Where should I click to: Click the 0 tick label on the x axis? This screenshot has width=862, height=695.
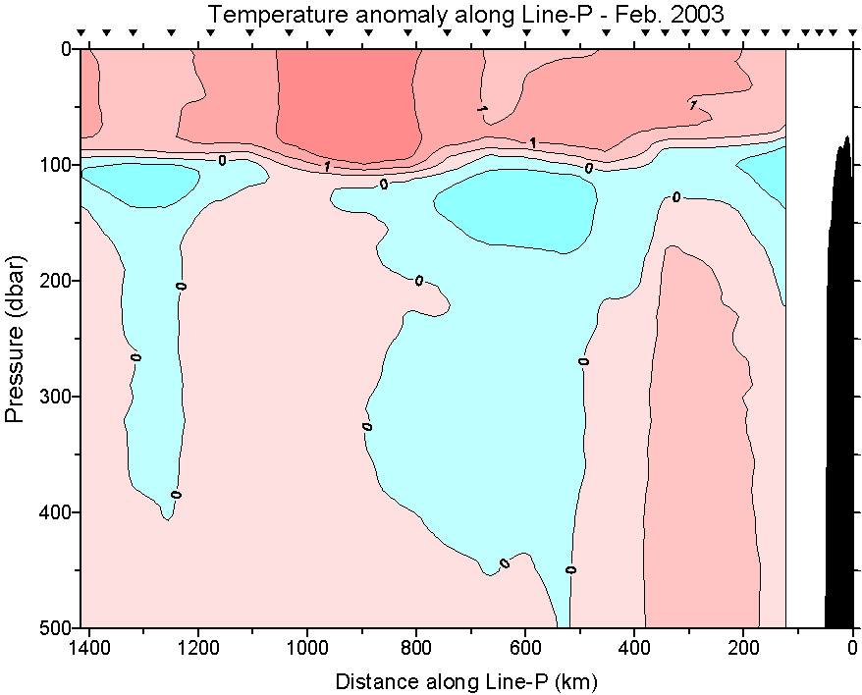point(852,648)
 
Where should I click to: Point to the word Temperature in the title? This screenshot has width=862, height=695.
point(263,14)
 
